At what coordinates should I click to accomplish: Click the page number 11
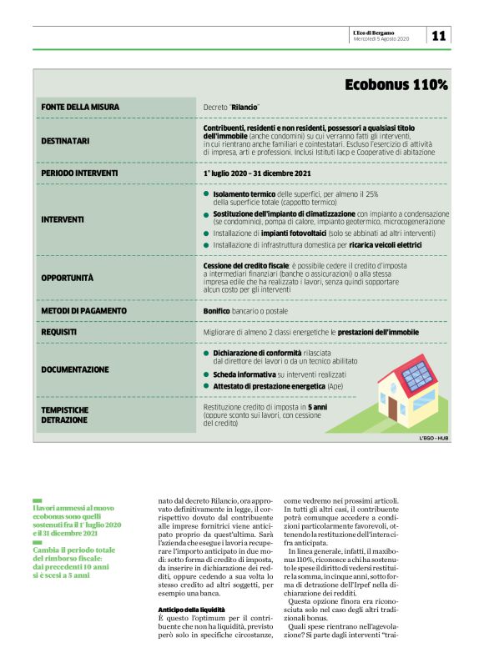pos(439,35)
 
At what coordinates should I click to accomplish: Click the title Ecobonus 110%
pos(396,85)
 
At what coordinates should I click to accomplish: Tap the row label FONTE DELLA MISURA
pos(80,108)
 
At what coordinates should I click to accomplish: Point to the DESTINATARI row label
pos(65,141)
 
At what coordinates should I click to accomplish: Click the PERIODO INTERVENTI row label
pos(79,173)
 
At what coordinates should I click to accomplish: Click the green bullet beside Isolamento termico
pos(206,193)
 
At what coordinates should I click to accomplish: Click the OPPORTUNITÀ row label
pos(68,277)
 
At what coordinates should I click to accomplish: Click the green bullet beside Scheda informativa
pos(206,375)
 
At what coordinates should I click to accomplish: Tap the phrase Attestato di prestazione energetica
pos(260,387)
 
